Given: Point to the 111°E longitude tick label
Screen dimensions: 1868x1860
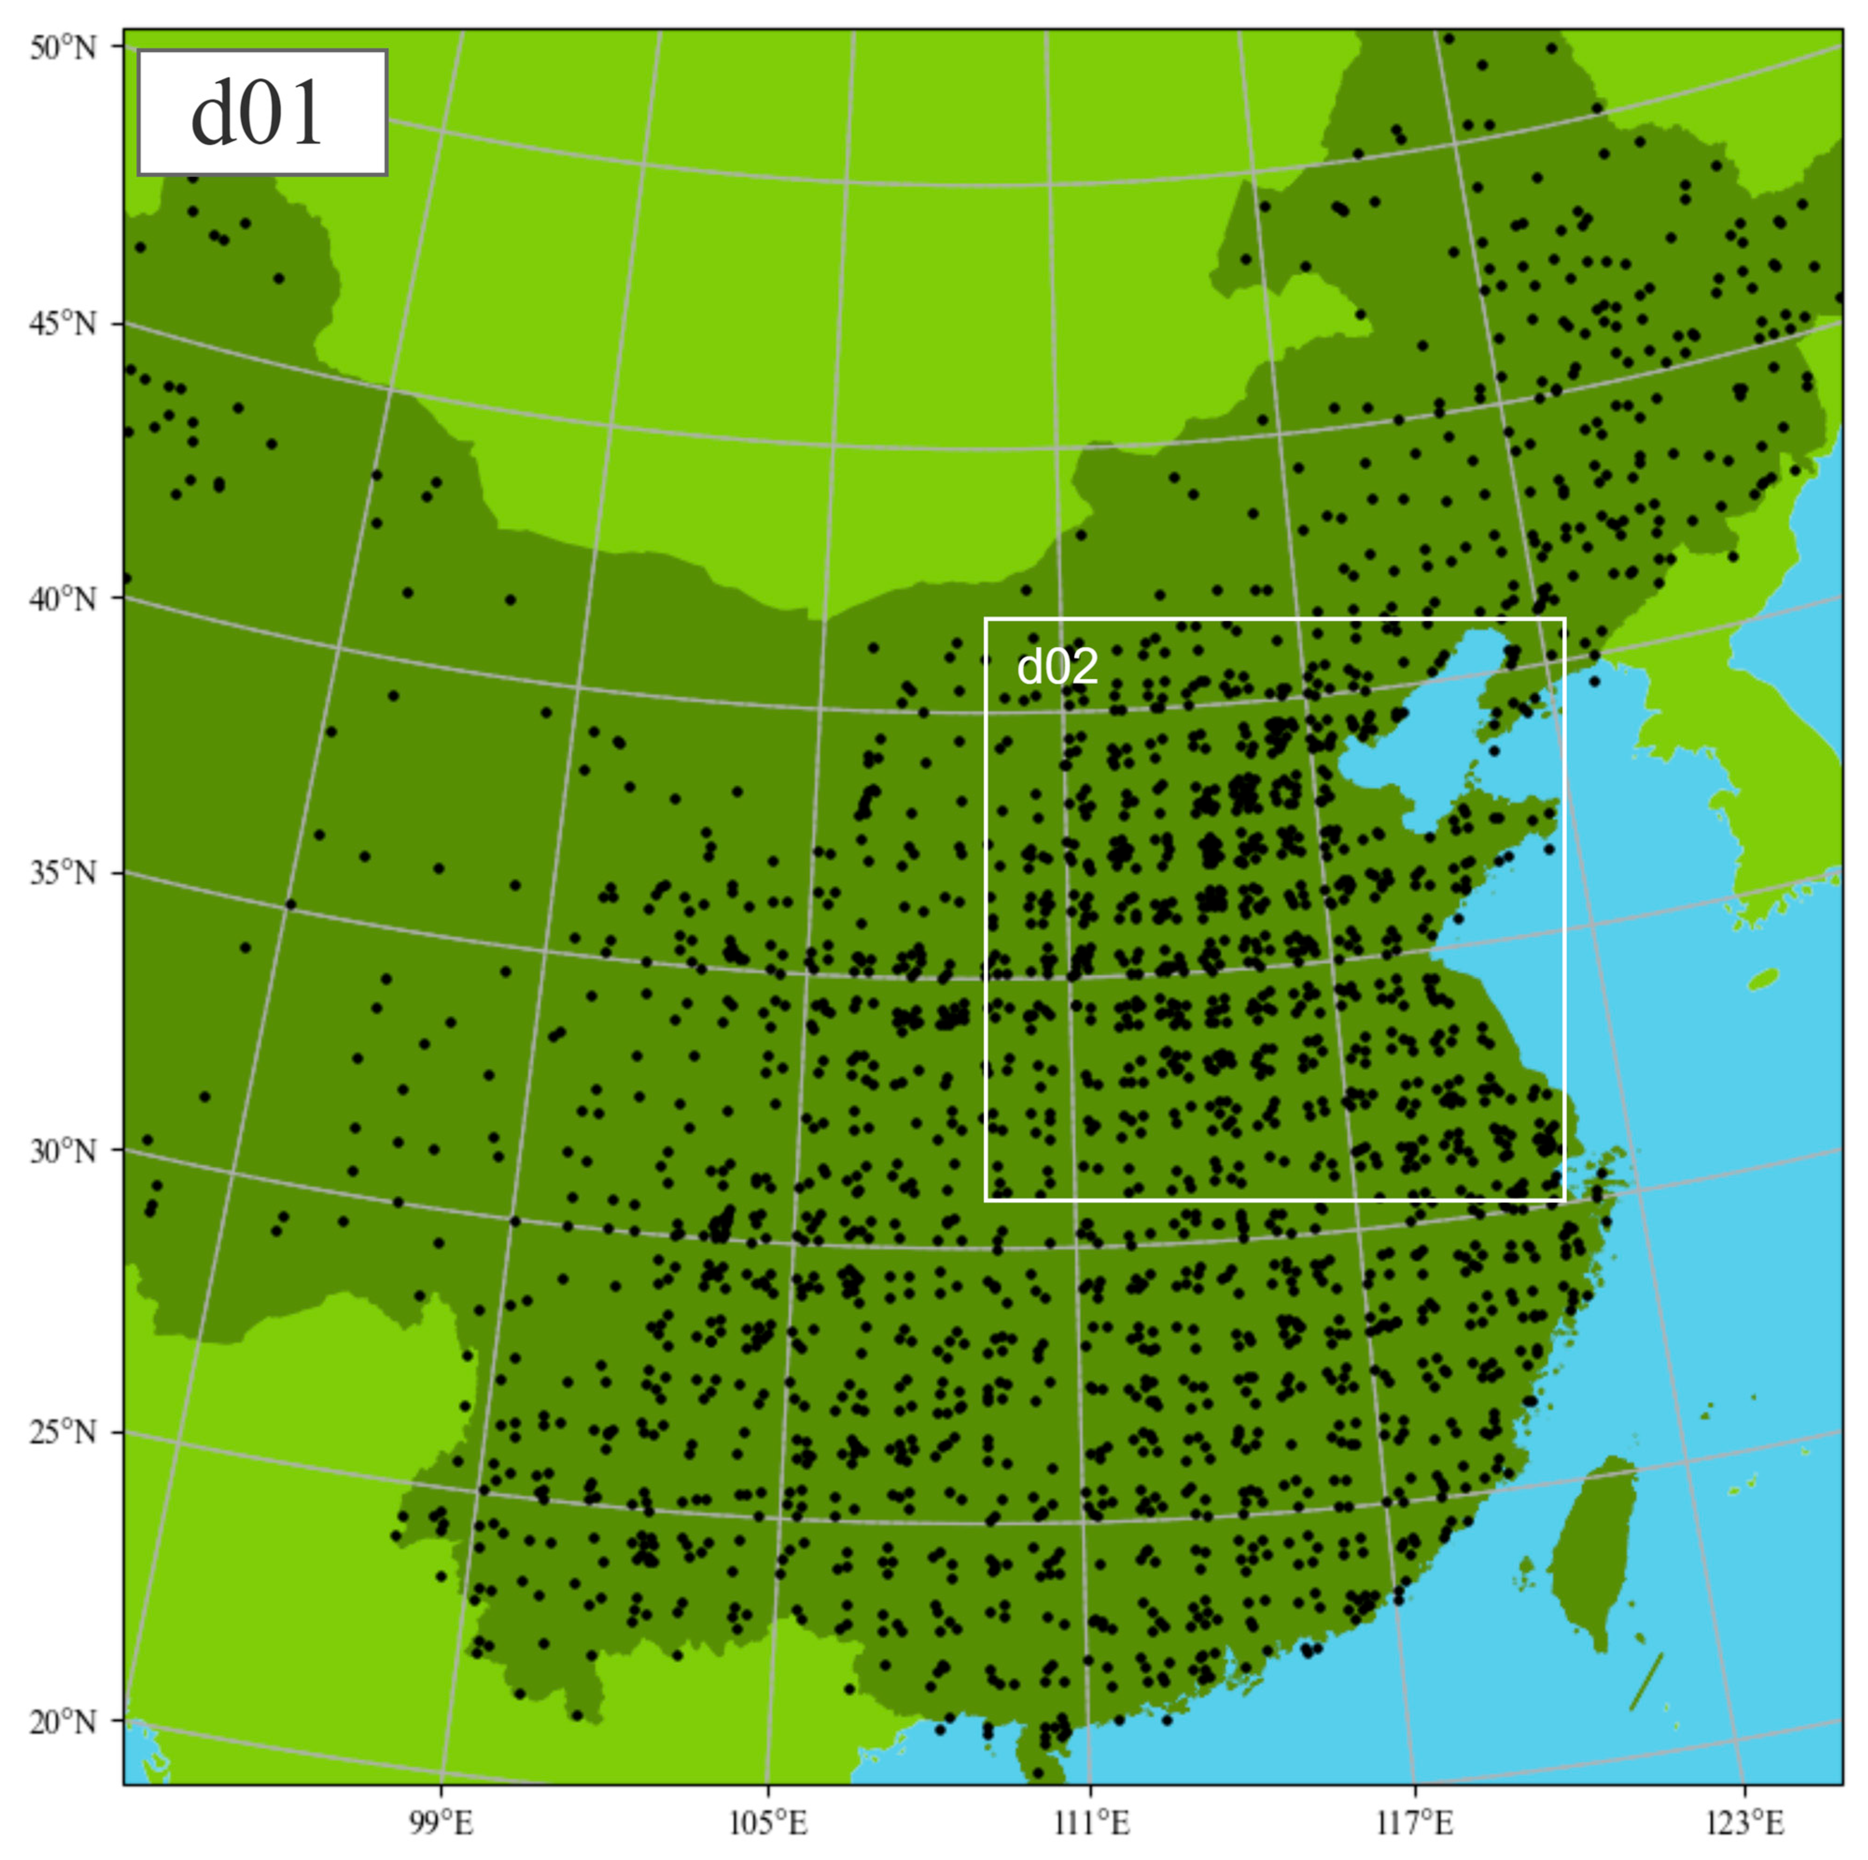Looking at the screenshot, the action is pyautogui.click(x=1090, y=1823).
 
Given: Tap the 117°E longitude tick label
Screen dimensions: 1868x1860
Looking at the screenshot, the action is pyautogui.click(x=1415, y=1823).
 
